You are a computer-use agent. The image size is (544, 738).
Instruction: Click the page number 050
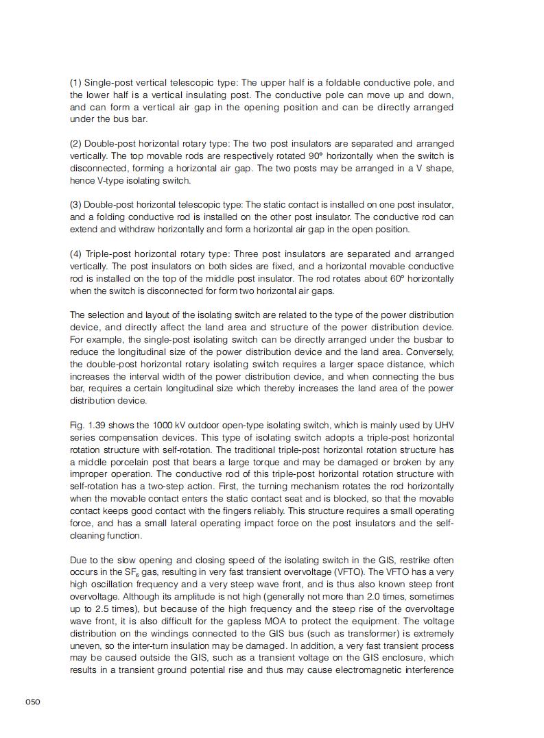tap(33, 701)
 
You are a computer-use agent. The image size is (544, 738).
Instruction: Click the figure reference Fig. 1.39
tap(88, 425)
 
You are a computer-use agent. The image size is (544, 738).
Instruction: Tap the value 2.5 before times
tap(107, 609)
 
